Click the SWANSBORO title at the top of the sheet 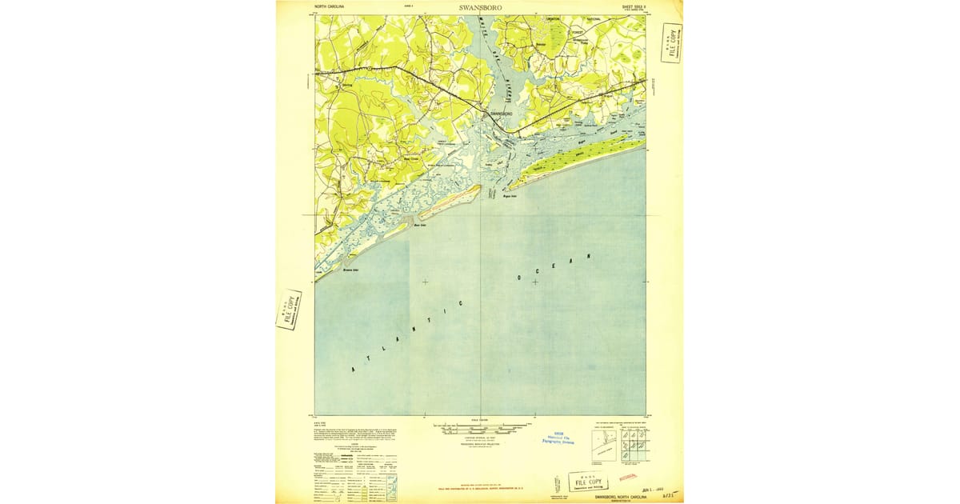[481, 7]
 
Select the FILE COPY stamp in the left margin [289, 309]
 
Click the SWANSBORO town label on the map [500, 114]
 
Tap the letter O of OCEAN [519, 279]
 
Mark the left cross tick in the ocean [425, 282]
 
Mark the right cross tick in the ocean [534, 282]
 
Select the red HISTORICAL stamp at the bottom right [630, 478]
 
